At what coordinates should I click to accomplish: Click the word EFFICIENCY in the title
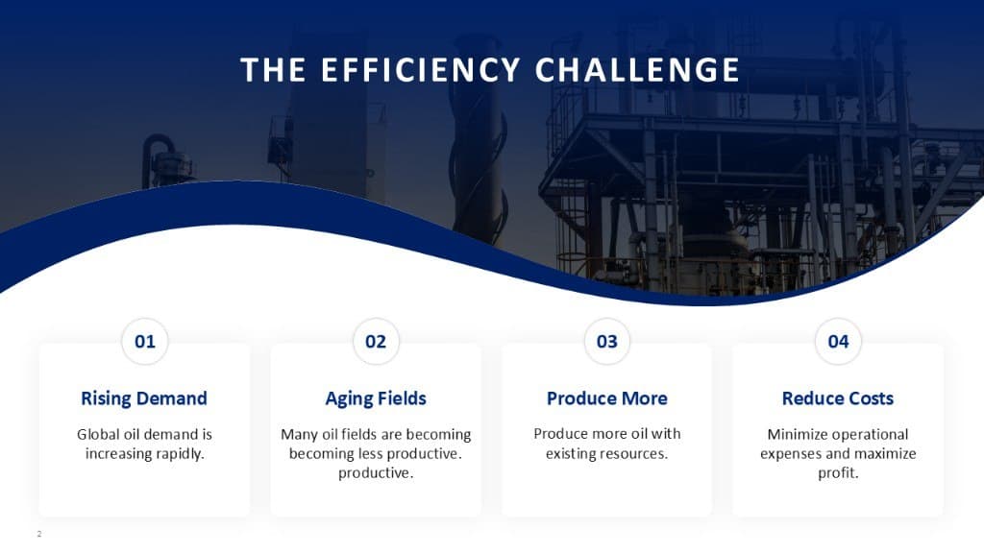(x=421, y=69)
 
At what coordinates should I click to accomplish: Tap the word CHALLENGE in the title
(x=637, y=69)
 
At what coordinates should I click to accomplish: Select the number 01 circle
(x=145, y=341)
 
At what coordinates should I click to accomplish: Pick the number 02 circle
(x=376, y=341)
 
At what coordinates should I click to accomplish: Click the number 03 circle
(x=607, y=341)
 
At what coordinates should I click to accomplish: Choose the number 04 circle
(x=838, y=341)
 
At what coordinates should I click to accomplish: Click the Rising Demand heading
(x=144, y=398)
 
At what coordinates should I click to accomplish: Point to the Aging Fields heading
(x=376, y=398)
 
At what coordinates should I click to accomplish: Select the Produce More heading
(x=607, y=398)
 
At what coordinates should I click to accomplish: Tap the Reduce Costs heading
(x=838, y=398)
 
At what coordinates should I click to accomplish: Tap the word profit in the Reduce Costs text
(x=837, y=473)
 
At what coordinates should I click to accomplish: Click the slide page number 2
(x=38, y=534)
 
